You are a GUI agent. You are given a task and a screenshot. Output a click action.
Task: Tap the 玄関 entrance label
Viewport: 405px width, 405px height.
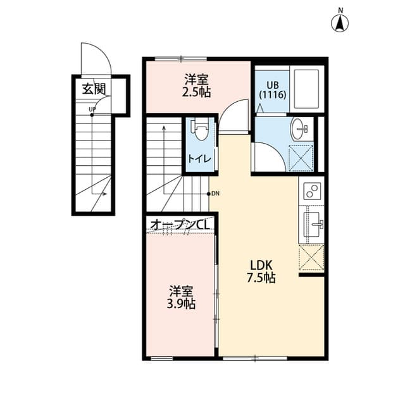point(93,89)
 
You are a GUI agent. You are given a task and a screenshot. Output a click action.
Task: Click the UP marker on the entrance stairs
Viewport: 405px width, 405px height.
point(92,110)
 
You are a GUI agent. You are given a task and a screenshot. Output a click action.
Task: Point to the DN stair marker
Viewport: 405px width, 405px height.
point(215,194)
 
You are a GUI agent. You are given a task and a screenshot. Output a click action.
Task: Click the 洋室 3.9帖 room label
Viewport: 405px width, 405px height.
point(182,297)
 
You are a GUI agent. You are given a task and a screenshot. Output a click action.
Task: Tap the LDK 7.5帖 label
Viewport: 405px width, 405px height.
point(261,271)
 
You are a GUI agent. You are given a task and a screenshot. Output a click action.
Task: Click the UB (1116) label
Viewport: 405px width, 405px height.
point(273,89)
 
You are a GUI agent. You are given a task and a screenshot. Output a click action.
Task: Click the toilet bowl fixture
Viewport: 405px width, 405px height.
point(201,130)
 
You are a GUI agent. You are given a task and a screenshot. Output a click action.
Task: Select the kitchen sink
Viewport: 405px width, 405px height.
point(312,223)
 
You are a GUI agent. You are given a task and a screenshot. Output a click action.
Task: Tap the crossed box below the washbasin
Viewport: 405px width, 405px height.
point(301,158)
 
